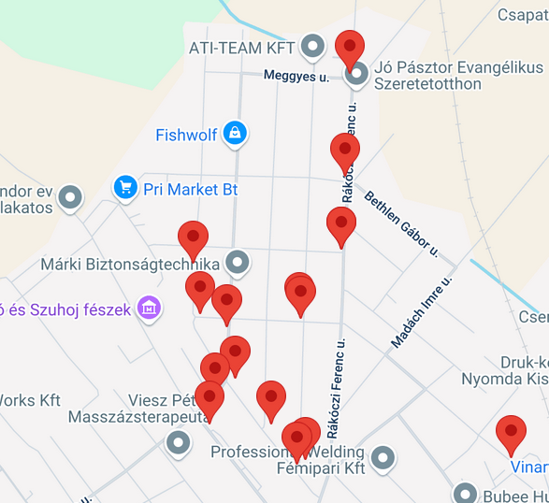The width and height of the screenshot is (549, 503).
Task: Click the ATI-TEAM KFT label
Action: point(241,48)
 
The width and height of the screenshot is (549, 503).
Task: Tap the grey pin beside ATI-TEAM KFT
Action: point(312,46)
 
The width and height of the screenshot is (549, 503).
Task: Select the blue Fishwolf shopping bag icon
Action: point(235,134)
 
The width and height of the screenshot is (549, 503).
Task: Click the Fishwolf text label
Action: point(186,136)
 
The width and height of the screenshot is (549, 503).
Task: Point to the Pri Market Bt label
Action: point(190,190)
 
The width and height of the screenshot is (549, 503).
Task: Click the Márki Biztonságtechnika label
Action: point(129,264)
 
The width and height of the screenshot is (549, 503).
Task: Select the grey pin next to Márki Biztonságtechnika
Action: point(238,263)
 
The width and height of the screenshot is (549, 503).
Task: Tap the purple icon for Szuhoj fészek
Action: point(148,308)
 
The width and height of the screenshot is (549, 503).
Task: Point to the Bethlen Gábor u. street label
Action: point(400,223)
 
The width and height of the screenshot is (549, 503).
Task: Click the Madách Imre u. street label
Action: point(421,312)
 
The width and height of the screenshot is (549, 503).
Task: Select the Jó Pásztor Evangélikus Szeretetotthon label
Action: point(457,76)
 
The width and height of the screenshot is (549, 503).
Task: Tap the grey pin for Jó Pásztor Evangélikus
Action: point(356,74)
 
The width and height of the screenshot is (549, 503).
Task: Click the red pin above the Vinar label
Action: point(511,434)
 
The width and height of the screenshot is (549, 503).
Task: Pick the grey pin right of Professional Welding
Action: point(382,458)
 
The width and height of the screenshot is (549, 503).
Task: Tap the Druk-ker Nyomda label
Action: point(504,370)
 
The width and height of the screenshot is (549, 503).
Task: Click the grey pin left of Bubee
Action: point(465,493)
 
